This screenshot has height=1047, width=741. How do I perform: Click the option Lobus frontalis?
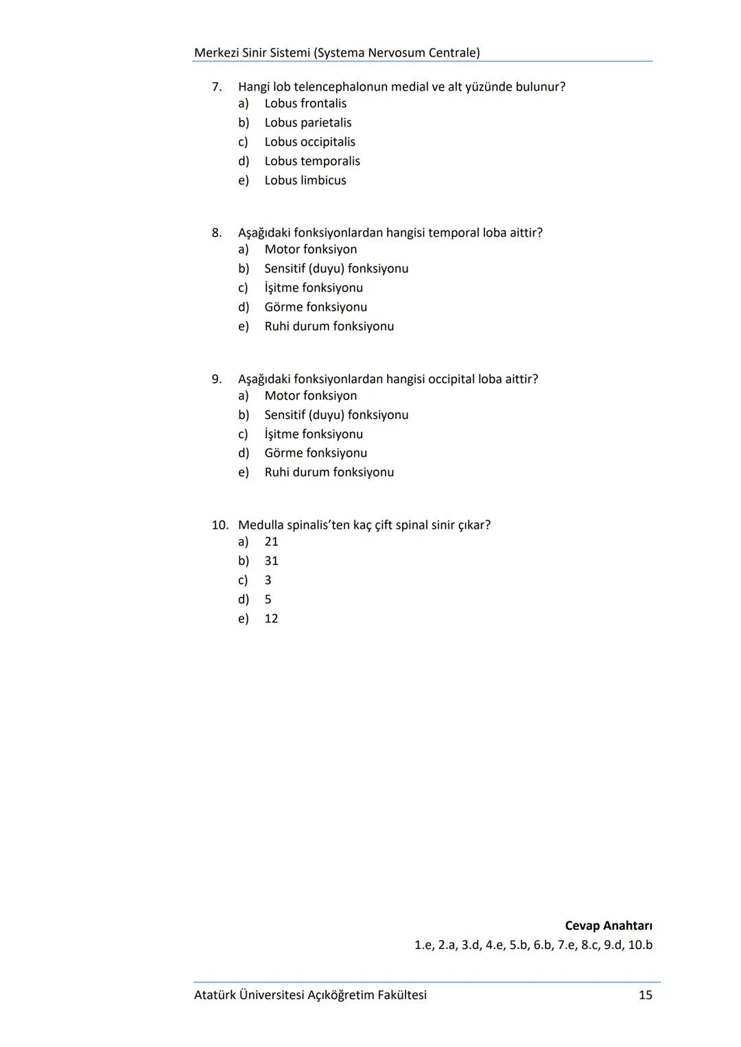[305, 104]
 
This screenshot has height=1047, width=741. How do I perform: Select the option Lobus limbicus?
[305, 180]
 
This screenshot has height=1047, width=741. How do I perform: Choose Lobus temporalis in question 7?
[312, 161]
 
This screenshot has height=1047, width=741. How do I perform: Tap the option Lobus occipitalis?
[310, 142]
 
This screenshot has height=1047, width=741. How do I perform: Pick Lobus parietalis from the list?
[308, 123]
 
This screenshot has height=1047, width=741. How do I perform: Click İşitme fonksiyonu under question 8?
[314, 288]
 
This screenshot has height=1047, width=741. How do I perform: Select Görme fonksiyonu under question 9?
[316, 453]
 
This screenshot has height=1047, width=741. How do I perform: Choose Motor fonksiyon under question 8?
[311, 250]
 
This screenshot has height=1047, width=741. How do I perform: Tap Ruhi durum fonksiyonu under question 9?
[329, 472]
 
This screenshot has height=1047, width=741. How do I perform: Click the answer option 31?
[272, 561]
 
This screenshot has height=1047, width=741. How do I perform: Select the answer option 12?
[272, 618]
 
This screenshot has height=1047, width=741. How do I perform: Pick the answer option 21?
[272, 542]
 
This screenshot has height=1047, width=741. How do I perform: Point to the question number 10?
[220, 525]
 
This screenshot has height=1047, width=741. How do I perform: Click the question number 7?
[217, 87]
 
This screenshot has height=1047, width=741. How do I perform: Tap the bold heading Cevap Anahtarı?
[609, 926]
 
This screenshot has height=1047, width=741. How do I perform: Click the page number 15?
[645, 995]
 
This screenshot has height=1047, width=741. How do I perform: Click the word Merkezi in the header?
[216, 53]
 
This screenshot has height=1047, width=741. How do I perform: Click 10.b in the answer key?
[640, 945]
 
